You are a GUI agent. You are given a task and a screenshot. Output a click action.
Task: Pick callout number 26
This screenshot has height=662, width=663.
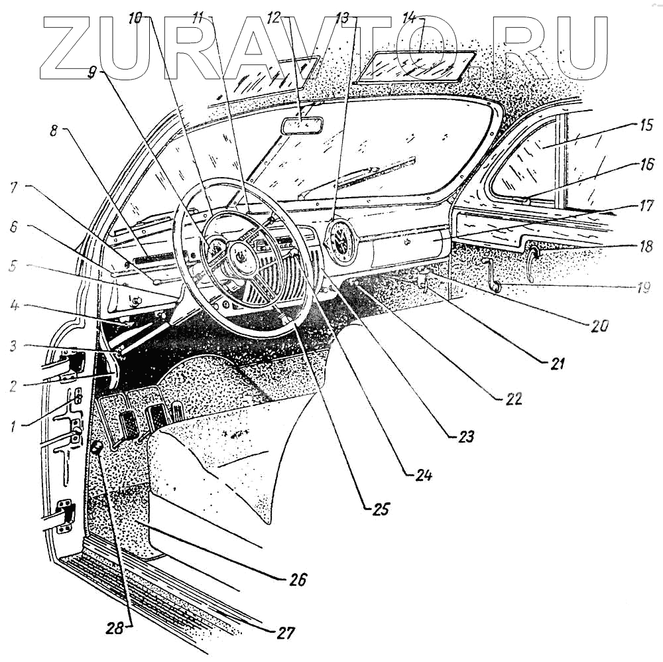coord(298,580)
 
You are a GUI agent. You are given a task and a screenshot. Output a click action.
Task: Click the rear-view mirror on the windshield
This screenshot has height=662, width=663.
coord(302,125)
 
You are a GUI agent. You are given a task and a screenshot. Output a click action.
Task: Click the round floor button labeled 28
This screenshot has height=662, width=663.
coord(96,449)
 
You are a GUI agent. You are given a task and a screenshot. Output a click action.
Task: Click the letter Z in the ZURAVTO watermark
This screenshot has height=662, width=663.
coord(73,45)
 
